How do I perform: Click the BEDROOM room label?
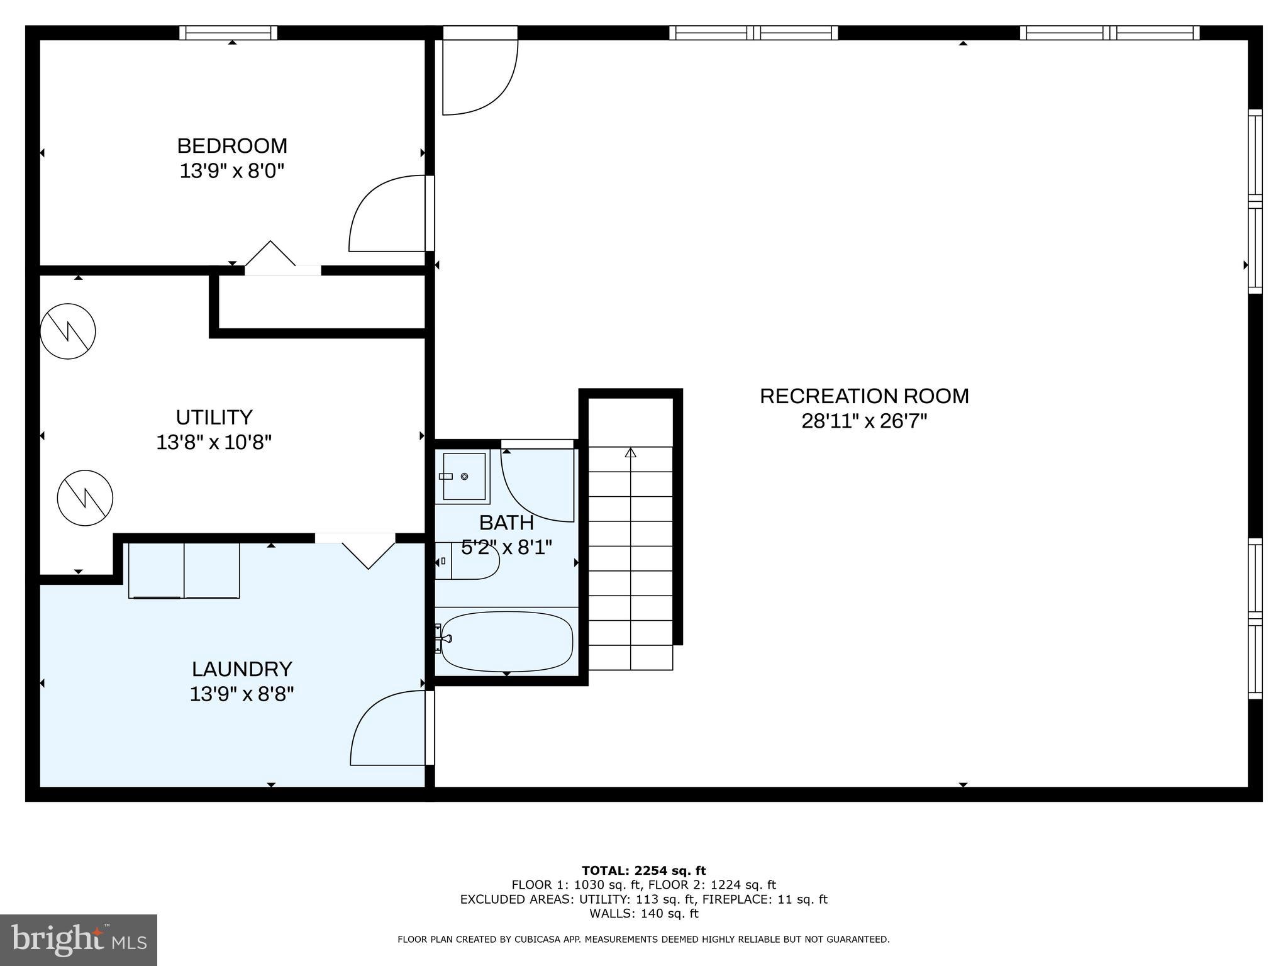[x=232, y=146]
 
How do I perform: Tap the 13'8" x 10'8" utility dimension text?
[x=214, y=443]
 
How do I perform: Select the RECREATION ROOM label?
[x=864, y=396]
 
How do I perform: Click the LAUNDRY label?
[x=242, y=669]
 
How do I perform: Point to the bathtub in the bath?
[x=507, y=641]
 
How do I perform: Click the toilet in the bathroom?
[x=468, y=560]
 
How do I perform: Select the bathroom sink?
[x=464, y=477]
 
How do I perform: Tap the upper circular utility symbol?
[x=68, y=331]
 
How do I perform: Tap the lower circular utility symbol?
[x=85, y=498]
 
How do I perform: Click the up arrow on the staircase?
[x=631, y=453]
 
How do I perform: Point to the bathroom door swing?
[x=538, y=484]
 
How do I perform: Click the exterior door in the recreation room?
[x=479, y=72]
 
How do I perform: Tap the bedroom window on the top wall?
[x=228, y=33]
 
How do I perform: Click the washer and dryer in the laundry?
[x=184, y=570]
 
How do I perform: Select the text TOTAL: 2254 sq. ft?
[x=643, y=870]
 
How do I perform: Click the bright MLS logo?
[x=78, y=940]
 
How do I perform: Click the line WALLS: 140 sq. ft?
[x=643, y=913]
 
